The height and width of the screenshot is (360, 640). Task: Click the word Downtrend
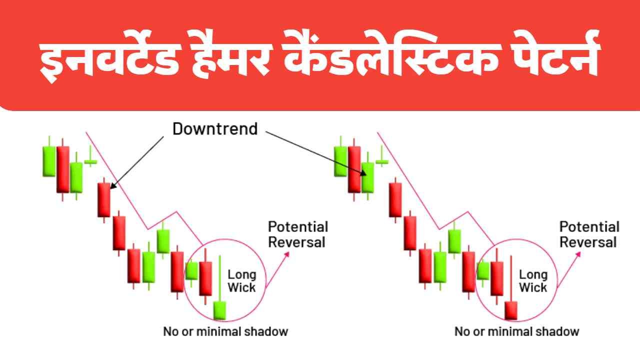(x=215, y=129)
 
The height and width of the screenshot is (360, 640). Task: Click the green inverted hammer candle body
(x=219, y=310)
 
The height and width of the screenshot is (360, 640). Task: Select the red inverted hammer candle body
(x=511, y=310)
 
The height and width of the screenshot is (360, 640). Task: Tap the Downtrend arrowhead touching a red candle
(x=113, y=185)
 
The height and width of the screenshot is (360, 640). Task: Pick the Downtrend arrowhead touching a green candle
(x=362, y=172)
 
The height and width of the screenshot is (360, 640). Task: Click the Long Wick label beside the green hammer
(x=241, y=281)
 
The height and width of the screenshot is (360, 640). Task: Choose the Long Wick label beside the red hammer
(x=533, y=281)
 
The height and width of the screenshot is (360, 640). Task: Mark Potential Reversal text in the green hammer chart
(x=298, y=234)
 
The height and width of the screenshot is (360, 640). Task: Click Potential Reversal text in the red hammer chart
(x=589, y=234)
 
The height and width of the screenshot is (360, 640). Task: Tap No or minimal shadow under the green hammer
(x=225, y=331)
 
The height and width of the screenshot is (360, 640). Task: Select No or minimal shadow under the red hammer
(x=517, y=331)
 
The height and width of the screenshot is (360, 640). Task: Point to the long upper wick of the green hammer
(x=219, y=278)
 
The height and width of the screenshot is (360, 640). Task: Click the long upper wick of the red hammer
(x=511, y=278)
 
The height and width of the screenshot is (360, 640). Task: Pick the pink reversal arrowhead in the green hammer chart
(x=286, y=254)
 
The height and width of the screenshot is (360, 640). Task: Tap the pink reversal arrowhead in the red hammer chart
(x=577, y=254)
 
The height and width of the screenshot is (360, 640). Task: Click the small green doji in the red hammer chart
(x=381, y=162)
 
